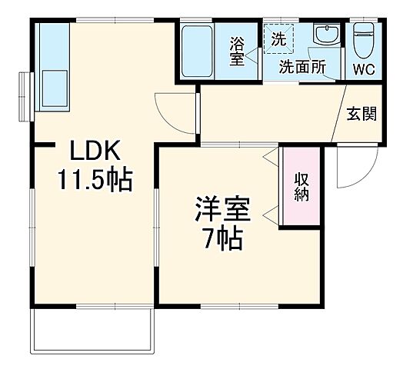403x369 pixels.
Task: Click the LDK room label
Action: pos(93,149)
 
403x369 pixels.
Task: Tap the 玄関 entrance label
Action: pos(361,114)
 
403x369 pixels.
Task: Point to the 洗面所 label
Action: pos(301,67)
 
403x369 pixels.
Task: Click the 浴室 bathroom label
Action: pos(237,51)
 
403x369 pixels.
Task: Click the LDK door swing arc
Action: pos(171,108)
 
